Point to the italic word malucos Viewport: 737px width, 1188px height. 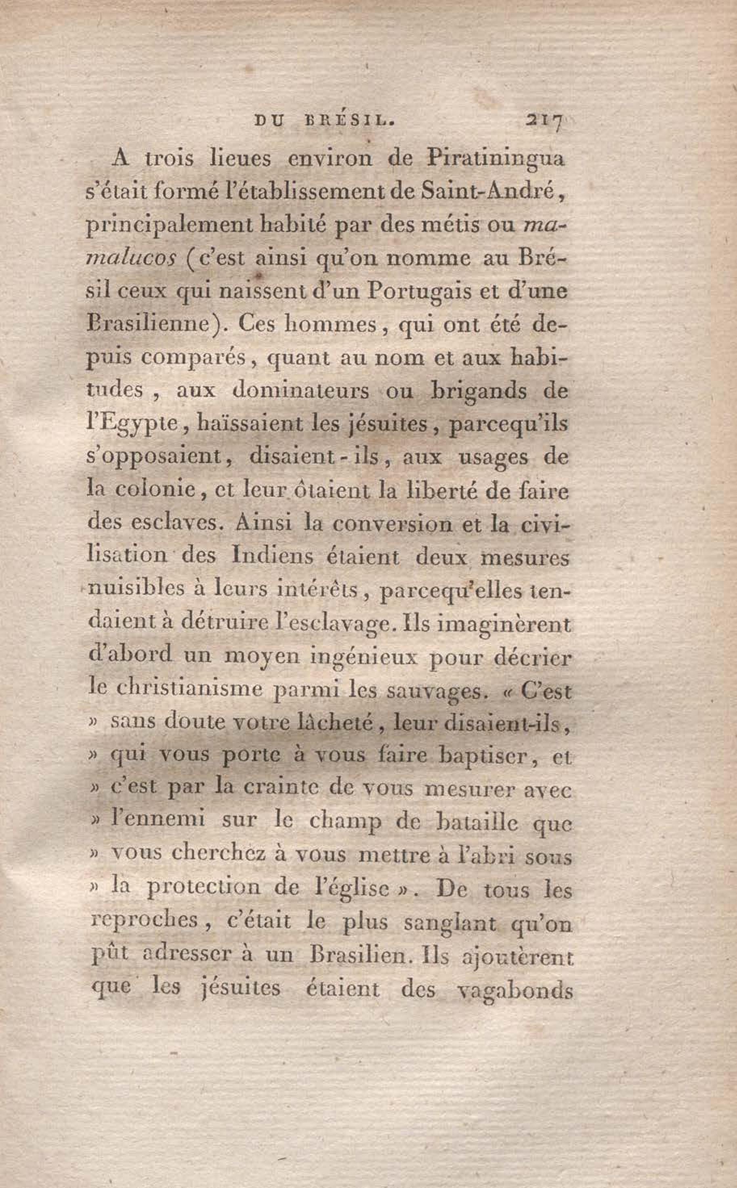[130, 258]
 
